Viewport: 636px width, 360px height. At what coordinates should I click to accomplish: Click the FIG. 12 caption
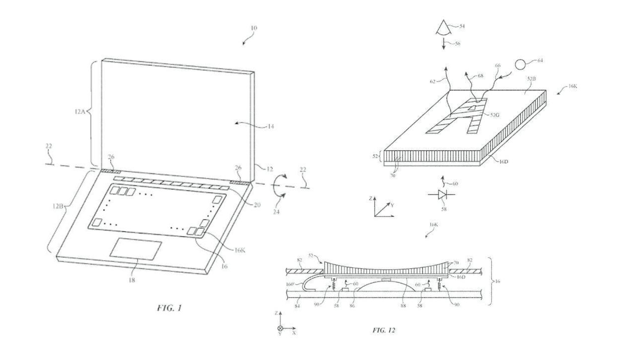click(384, 330)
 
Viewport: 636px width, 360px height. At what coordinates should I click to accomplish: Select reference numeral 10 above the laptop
click(253, 28)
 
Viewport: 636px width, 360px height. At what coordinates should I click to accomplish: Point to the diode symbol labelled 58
click(441, 196)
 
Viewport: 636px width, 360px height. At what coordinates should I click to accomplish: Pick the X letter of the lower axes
click(294, 333)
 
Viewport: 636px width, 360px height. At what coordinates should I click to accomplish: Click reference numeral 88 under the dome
click(403, 306)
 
